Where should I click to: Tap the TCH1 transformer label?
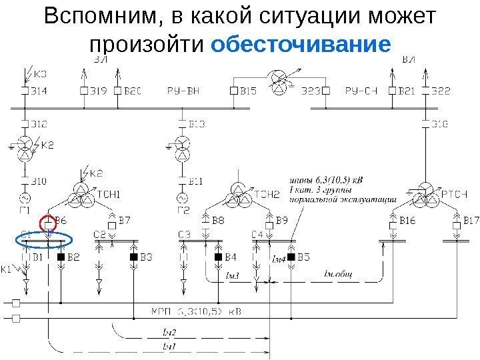pyautogui.click(x=108, y=195)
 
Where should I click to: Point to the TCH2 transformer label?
pyautogui.click(x=266, y=195)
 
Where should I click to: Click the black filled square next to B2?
pyautogui.click(x=61, y=257)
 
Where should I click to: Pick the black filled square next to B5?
pyautogui.click(x=291, y=257)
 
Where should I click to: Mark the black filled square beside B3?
pyautogui.click(x=133, y=257)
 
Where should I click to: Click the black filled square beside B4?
pyautogui.click(x=217, y=257)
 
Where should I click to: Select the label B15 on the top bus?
pyautogui.click(x=248, y=90)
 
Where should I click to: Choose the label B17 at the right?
pyautogui.click(x=471, y=220)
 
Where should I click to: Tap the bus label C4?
pyautogui.click(x=257, y=234)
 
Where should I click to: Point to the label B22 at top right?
pyautogui.click(x=441, y=90)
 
